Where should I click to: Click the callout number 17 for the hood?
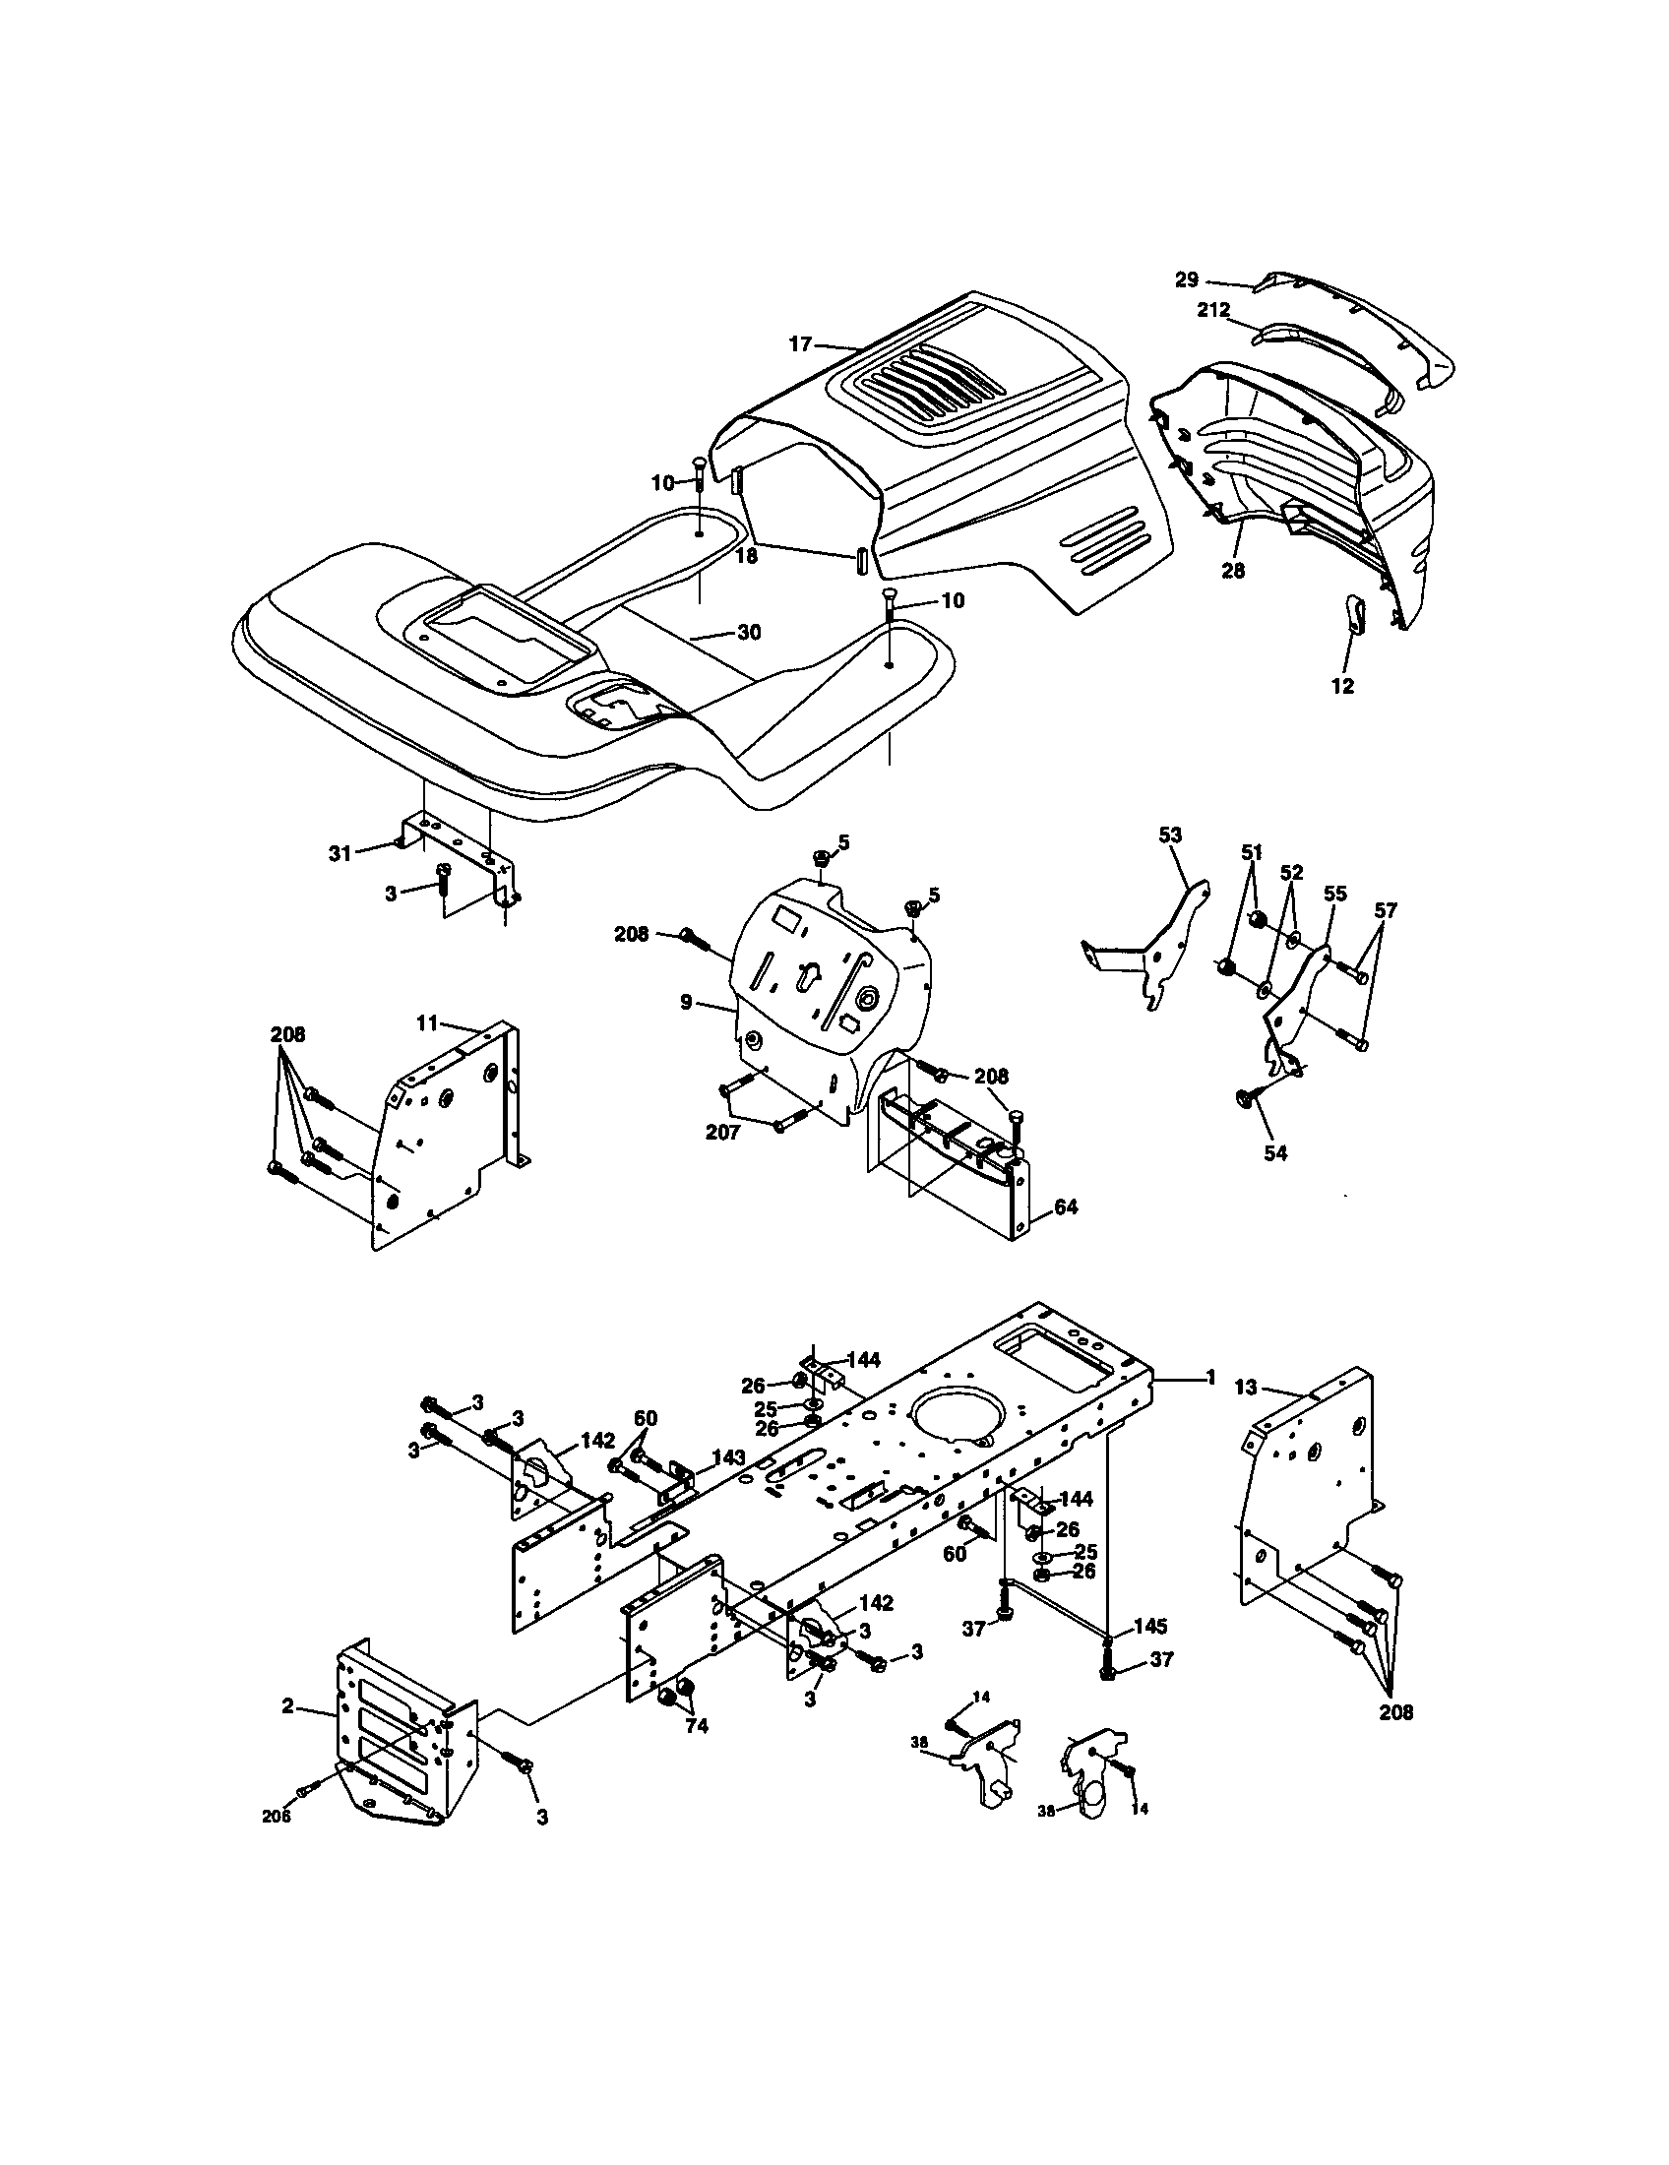[x=800, y=344]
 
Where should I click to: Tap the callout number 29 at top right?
[x=1187, y=279]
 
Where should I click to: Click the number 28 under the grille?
[x=1233, y=571]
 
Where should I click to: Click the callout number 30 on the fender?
[x=749, y=632]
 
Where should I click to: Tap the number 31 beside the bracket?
[x=340, y=852]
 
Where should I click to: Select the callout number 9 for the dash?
[x=686, y=1002]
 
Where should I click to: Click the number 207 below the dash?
[x=722, y=1132]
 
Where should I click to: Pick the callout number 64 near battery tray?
[x=1067, y=1206]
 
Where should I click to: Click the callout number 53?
[x=1170, y=835]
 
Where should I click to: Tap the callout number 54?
[x=1275, y=1153]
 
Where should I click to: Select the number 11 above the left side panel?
[x=426, y=1023]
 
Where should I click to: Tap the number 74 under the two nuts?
[x=697, y=1726]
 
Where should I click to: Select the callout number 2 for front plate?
[x=287, y=1706]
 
